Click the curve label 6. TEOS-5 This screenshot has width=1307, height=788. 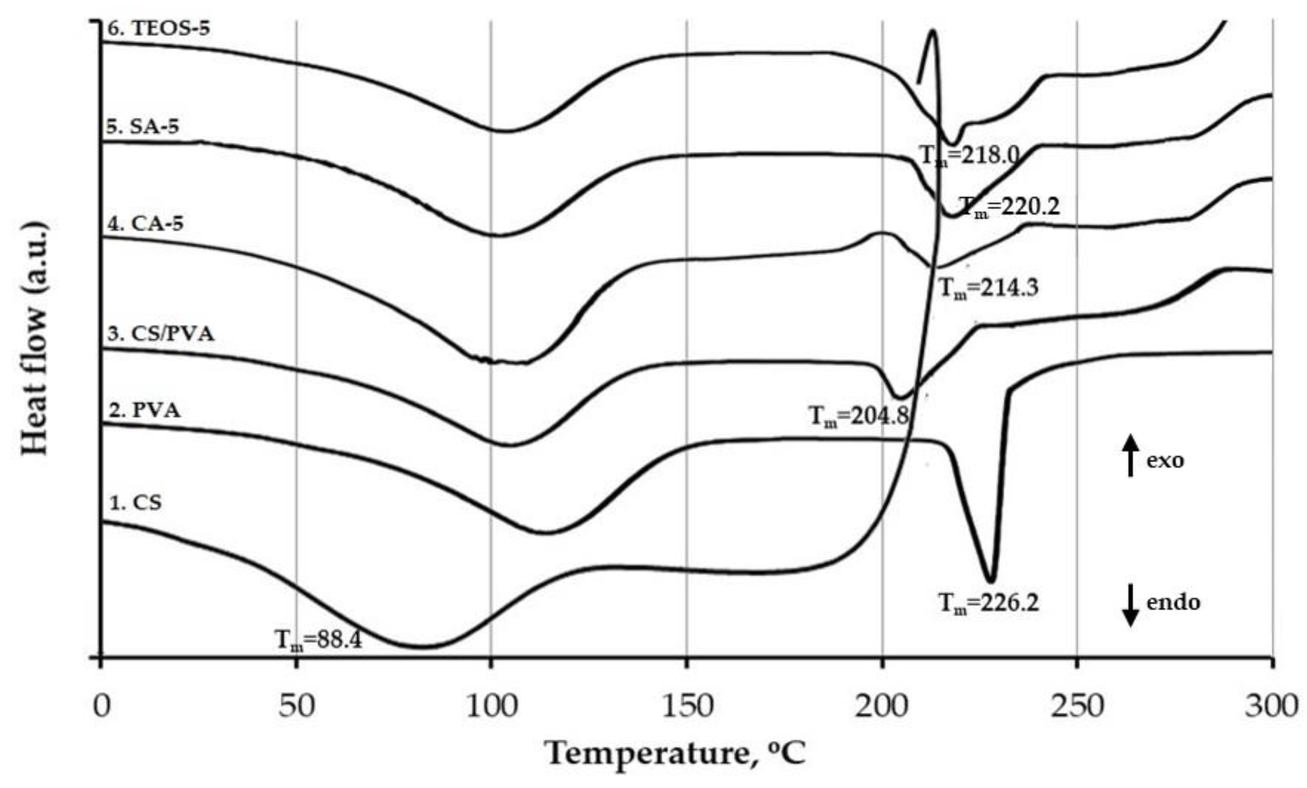[x=159, y=28]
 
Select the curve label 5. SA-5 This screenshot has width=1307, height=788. [x=143, y=127]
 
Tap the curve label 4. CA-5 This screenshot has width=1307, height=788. [x=146, y=223]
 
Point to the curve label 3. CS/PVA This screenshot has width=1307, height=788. [x=161, y=334]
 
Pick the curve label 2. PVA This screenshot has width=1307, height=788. [x=144, y=410]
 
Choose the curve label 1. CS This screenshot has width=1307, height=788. [x=135, y=502]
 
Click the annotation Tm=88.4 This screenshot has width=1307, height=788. [x=318, y=640]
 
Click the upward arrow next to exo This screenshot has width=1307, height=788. [x=1130, y=455]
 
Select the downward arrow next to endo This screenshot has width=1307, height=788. [x=1130, y=605]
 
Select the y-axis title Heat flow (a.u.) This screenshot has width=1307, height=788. [x=35, y=340]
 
